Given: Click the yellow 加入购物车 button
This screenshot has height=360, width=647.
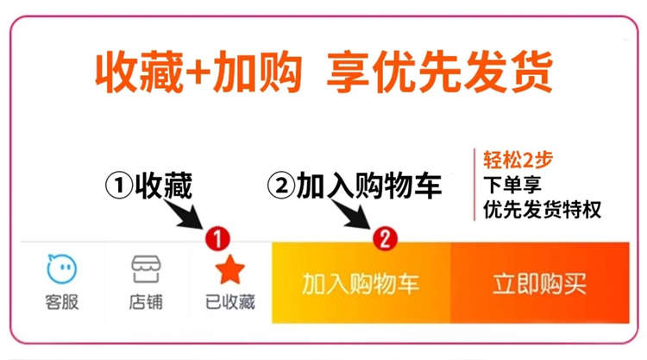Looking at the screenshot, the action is [x=361, y=283].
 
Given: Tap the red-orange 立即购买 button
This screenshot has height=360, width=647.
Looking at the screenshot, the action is [x=539, y=283].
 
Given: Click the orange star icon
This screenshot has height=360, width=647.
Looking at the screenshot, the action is [x=230, y=270].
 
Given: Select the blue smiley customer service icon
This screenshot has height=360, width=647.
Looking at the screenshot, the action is [x=62, y=269].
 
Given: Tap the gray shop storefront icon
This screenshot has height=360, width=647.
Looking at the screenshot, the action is [x=147, y=269].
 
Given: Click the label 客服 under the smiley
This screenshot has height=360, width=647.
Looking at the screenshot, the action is [x=62, y=303].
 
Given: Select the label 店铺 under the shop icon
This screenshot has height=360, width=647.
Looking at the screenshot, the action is [x=147, y=303].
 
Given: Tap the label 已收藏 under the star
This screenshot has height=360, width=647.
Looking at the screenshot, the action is [x=230, y=303].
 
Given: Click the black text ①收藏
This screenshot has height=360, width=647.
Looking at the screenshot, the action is [x=148, y=185].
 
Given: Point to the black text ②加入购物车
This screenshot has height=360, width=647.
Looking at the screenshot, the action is [x=355, y=185].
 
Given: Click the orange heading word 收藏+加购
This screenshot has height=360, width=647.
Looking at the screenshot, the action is [x=198, y=73].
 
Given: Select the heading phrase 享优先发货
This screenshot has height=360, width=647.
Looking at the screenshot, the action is [x=439, y=73].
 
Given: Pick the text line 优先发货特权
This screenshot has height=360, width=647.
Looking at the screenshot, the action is [x=542, y=209].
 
